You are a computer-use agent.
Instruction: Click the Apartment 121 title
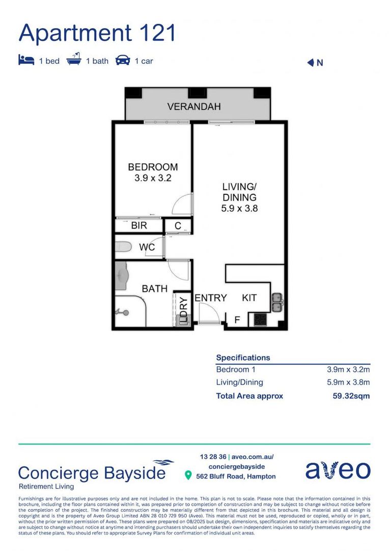(97, 33)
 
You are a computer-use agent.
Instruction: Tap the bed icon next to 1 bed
(26, 61)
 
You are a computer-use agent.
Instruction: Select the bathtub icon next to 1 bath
(74, 60)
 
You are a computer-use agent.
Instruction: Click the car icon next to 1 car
(123, 61)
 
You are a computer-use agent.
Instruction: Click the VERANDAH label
(194, 107)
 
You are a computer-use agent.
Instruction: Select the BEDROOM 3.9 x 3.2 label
(153, 172)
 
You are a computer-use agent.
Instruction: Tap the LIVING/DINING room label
(239, 197)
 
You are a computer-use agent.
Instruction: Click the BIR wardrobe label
(139, 225)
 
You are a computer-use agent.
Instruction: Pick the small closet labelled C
(178, 225)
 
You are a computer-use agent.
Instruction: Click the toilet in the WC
(124, 246)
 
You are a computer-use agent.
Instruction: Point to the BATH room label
(154, 289)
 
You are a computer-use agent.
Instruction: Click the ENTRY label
(211, 297)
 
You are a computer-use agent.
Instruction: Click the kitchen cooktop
(260, 320)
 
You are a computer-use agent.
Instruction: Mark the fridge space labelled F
(237, 320)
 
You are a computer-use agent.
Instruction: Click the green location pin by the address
(188, 476)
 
